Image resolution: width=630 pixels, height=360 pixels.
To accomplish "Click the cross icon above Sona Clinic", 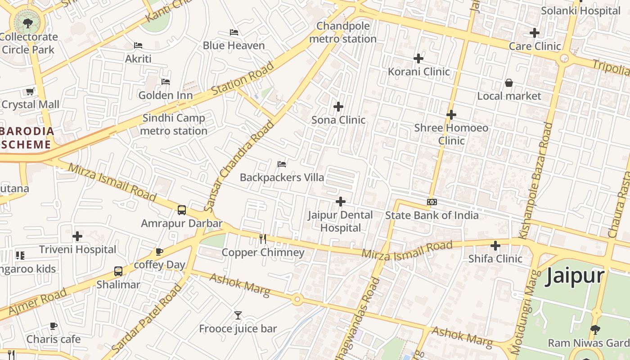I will pos(338,107).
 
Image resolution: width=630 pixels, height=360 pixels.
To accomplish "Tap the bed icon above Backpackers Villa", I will pos(282,164).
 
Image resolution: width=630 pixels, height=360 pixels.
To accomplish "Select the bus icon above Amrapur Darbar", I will pos(182,210).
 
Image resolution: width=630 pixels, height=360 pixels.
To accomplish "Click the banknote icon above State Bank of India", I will pos(432,202).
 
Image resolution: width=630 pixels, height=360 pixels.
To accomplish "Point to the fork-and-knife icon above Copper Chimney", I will pos(263,239).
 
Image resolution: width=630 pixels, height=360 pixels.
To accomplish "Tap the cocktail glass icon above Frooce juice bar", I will pos(238,315).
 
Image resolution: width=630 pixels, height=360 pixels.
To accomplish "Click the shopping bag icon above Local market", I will pos(509,83).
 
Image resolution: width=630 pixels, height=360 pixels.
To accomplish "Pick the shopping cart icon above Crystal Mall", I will pos(30,92).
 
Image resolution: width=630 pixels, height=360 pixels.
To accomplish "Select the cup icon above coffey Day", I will pos(159,252).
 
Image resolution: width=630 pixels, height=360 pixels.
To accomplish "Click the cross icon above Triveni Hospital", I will pos(77,236).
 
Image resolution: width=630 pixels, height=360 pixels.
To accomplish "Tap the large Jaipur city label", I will pos(575,275).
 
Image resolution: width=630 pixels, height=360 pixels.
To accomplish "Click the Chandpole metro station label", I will pos(343,32).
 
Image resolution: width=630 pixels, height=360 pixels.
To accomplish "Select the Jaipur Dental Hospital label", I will pos(340,221).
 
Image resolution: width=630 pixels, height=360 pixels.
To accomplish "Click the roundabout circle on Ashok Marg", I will pos(297,299).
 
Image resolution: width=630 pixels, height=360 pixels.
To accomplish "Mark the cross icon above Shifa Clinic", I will pos(495,246).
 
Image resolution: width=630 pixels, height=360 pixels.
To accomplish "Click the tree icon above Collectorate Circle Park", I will pos(28,22).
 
